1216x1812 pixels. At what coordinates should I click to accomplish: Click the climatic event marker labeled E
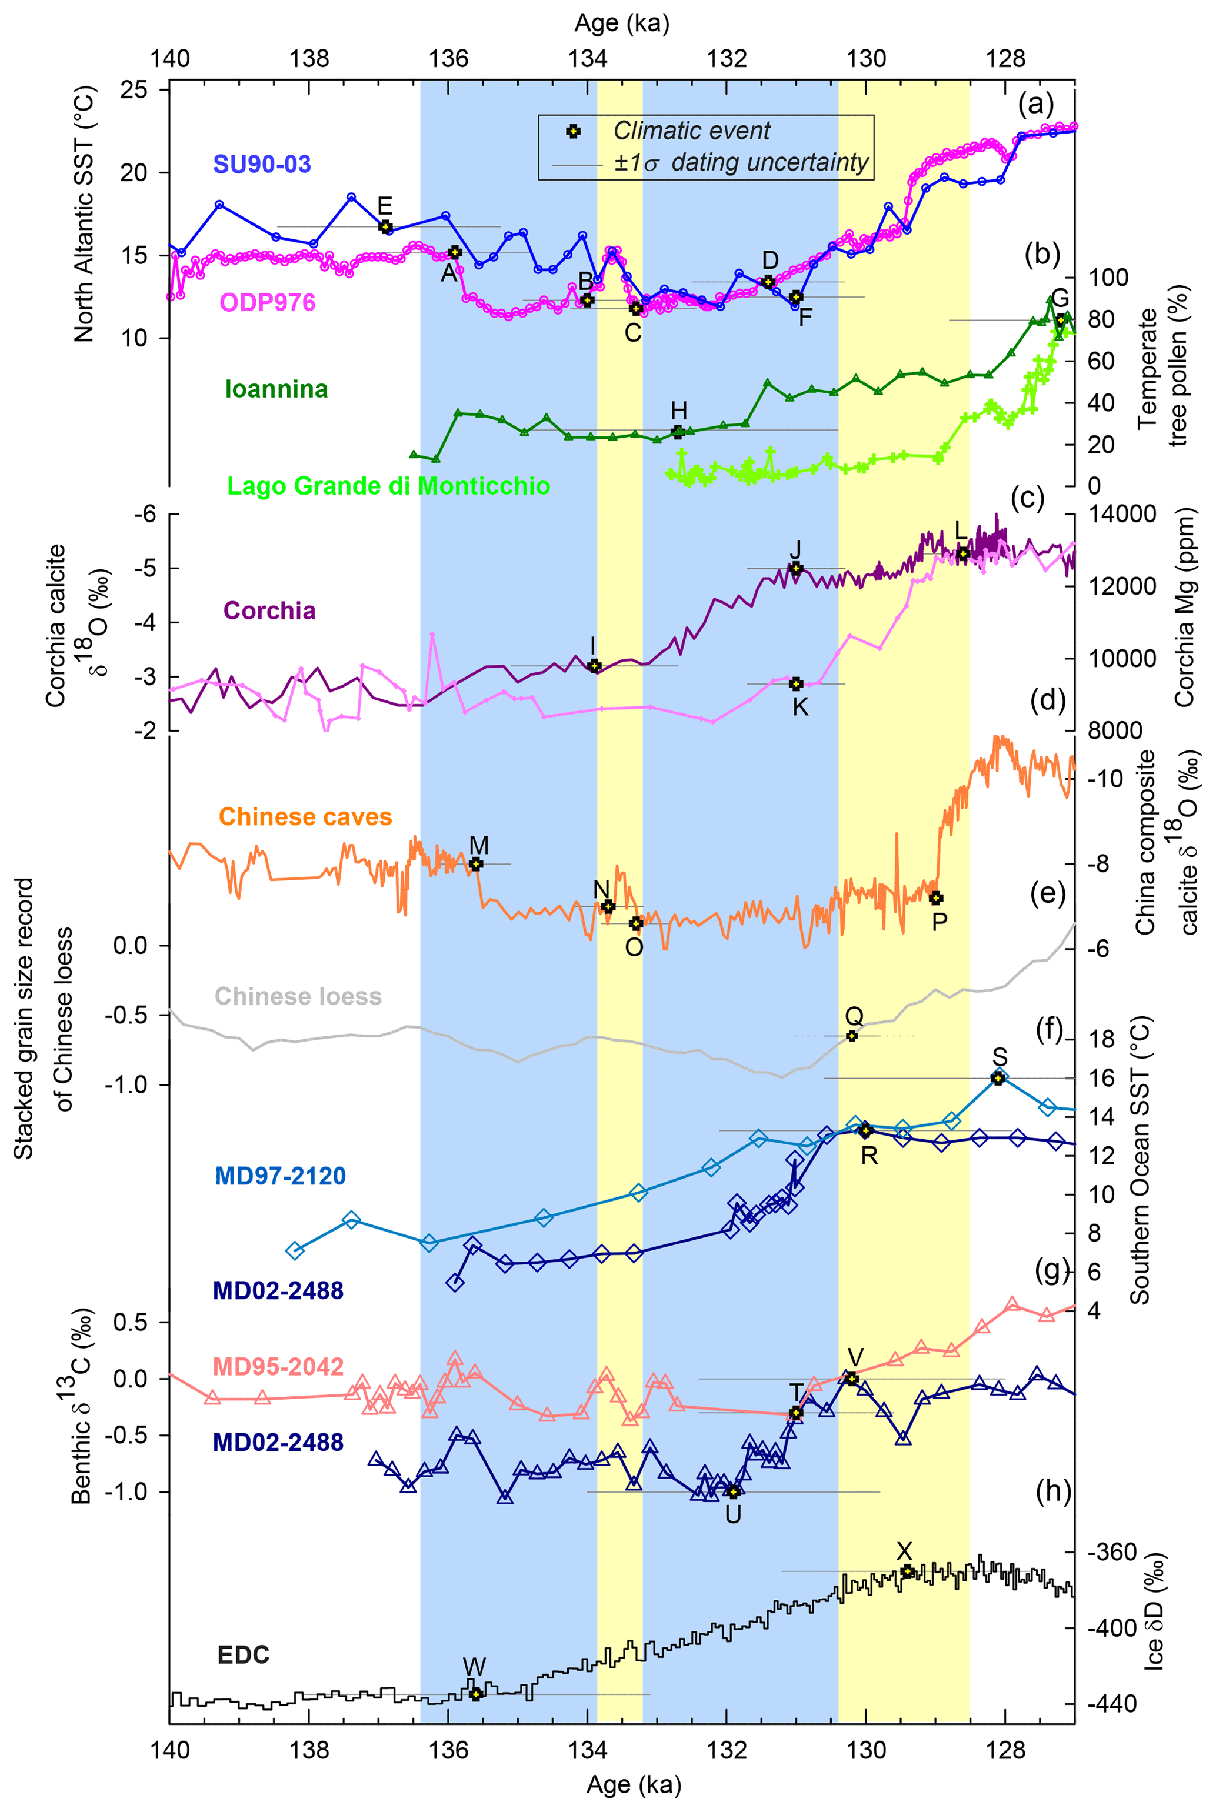coord(385,226)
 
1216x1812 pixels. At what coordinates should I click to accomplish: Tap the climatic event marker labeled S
coord(998,1078)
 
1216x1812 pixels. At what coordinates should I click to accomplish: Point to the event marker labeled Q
coord(851,1035)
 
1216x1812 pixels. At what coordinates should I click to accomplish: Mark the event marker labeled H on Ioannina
coord(677,432)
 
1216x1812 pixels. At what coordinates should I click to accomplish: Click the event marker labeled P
coord(936,898)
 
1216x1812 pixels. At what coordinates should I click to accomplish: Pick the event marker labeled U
coord(733,1491)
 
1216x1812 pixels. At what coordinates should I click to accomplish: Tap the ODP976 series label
coord(268,302)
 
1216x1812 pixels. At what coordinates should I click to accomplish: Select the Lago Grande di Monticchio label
coord(388,486)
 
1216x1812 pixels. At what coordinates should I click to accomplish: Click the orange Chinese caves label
coord(305,816)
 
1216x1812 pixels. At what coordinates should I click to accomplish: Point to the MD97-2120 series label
coord(280,1176)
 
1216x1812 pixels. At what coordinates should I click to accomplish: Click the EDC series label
coord(244,1654)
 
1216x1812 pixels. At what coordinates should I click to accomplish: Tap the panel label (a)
coord(1035,102)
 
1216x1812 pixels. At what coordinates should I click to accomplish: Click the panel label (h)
coord(1052,1490)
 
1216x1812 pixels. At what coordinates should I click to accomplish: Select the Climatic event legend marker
coord(573,131)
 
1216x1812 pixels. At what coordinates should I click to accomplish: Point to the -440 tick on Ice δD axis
coord(1115,1703)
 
